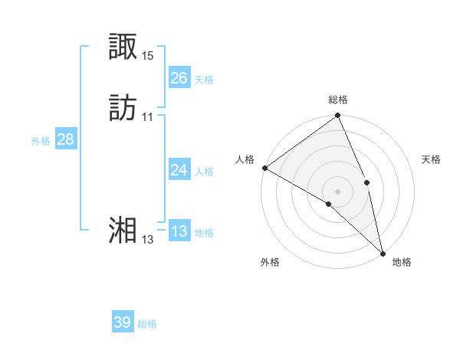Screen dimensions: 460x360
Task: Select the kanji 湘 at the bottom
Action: (x=123, y=230)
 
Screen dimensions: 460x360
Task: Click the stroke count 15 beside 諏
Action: (x=148, y=56)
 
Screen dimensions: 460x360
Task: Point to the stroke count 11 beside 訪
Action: (x=148, y=117)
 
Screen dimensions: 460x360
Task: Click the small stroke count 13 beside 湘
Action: (x=148, y=239)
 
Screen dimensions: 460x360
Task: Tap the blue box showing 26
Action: (x=179, y=77)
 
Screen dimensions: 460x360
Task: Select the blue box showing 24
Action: (x=179, y=170)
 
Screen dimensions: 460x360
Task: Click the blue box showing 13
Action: (x=179, y=231)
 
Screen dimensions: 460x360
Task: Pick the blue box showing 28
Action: (x=65, y=139)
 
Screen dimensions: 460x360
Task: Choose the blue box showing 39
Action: (x=123, y=322)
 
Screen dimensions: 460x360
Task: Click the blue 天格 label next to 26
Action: (x=204, y=79)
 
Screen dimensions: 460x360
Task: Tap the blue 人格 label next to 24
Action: (x=204, y=172)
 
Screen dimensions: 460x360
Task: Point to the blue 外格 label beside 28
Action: (x=41, y=141)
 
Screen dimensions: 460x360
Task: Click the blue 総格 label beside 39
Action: (x=148, y=324)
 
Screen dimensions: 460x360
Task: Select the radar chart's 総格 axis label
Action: (x=338, y=100)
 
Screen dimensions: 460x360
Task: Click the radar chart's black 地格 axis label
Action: (x=402, y=262)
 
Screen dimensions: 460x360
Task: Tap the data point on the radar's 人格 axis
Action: (x=264, y=168)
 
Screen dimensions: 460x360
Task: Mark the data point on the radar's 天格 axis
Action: (x=366, y=182)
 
